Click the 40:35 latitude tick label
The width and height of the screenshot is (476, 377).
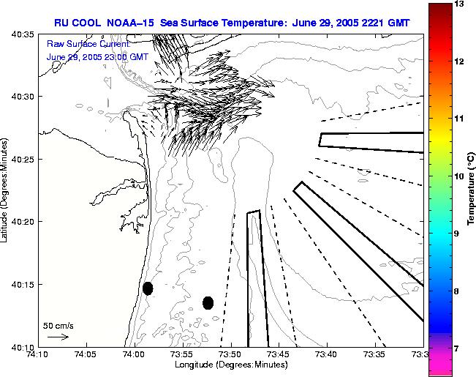pos(23,34)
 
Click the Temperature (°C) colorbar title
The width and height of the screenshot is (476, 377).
pos(472,189)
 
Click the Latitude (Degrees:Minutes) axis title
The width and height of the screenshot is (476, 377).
pos(6,189)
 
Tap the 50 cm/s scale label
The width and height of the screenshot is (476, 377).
pos(58,325)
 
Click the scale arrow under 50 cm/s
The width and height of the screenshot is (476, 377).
pos(58,337)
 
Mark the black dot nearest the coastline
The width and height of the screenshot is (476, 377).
pos(148,288)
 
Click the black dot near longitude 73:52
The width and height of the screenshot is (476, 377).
pos(208,302)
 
